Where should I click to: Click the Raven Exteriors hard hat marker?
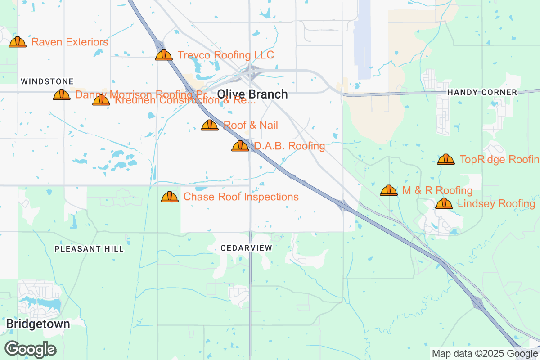coord(18,42)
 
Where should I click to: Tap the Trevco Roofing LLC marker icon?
coord(164,55)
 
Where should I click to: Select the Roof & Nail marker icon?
coord(210,126)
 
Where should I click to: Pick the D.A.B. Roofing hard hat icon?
coord(240,146)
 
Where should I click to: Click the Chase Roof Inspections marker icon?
coord(170,197)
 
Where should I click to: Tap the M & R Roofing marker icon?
coord(389,191)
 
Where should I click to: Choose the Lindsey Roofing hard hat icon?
coord(444,204)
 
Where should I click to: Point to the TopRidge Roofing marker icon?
coord(446,160)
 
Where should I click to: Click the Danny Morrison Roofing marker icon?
coord(62,95)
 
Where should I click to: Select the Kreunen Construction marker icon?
coord(101,100)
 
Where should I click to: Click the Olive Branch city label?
coord(252,94)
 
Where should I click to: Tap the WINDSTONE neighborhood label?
coord(47,81)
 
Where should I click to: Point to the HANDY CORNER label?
coord(482,92)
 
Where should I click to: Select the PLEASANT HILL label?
coord(89,249)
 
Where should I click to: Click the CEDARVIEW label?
coord(247,248)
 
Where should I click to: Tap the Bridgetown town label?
coord(38,324)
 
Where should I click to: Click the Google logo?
coord(31,349)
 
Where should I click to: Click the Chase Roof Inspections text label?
coord(241,197)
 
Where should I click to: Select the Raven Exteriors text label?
coord(70,42)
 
